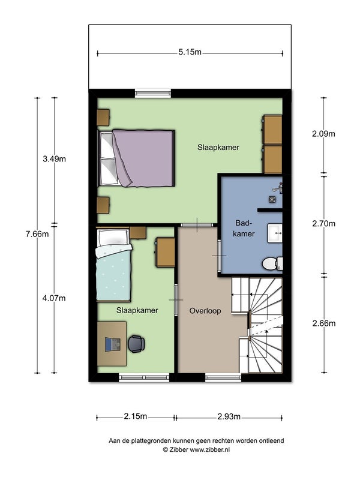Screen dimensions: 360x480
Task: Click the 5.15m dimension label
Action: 190,52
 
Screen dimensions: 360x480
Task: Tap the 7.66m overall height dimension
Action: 37,235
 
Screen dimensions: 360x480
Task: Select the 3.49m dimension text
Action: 54,159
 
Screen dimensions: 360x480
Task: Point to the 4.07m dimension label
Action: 54,298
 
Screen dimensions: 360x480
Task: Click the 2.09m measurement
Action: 323,134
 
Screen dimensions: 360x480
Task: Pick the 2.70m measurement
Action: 323,224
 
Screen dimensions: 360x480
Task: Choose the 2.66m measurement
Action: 323,323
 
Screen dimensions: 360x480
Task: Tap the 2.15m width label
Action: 136,416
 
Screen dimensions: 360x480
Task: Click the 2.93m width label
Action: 229,416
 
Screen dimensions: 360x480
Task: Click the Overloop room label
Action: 205,311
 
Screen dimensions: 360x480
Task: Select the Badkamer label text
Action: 244,229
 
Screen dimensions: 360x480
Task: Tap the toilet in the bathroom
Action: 272,263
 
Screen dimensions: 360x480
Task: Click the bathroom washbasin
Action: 275,233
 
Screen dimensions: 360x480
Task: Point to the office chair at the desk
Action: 136,344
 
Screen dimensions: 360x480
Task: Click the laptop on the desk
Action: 112,344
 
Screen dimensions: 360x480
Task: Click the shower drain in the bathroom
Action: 272,199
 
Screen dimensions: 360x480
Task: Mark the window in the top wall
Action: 153,93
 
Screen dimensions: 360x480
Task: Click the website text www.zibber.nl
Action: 210,449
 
